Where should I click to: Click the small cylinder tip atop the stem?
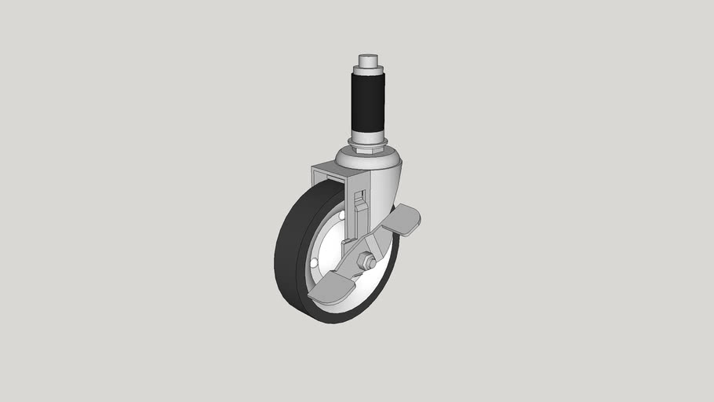coord(367,60)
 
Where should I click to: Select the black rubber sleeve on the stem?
coord(367,102)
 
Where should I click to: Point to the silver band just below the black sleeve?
coord(367,134)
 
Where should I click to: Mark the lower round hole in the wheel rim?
coord(315,261)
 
